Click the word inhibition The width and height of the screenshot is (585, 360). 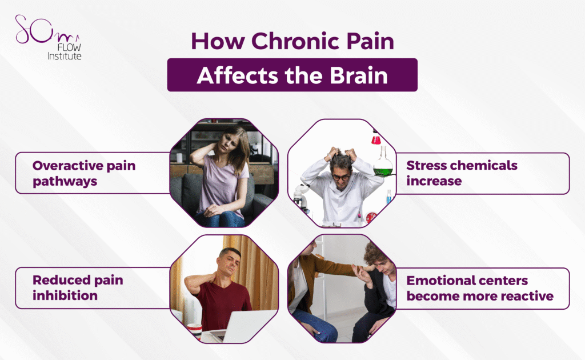[65, 295]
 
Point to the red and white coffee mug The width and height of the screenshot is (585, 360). [194, 330]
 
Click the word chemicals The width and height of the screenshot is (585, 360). [485, 166]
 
